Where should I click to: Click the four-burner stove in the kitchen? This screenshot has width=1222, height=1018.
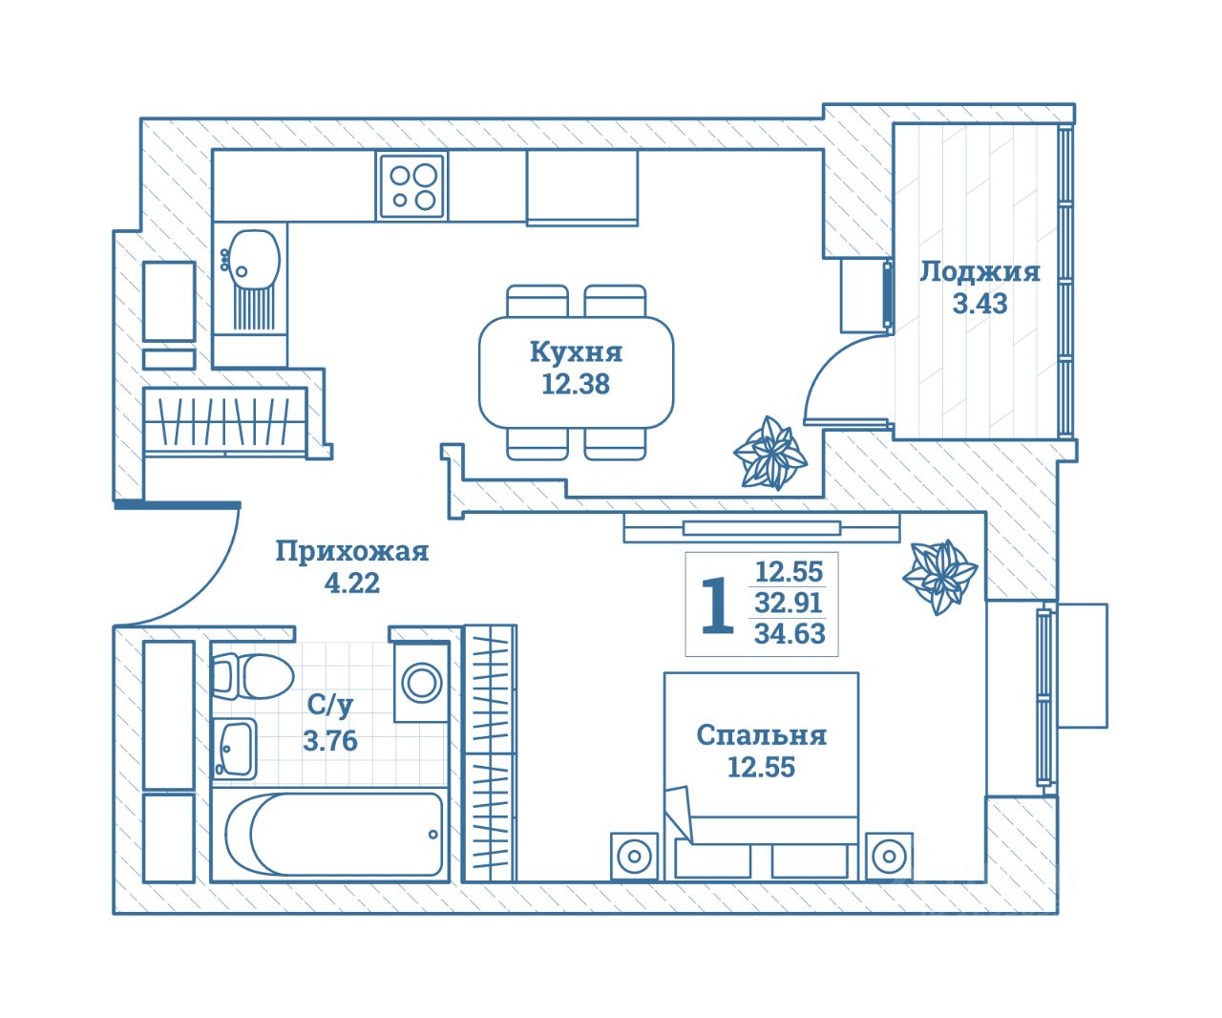coord(412,186)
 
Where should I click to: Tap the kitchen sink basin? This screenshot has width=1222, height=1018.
coord(253,260)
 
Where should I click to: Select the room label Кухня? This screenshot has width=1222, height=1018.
coord(577,352)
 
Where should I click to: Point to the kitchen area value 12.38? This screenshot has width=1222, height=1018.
coord(576,385)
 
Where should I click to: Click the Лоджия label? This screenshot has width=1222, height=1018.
coord(980,273)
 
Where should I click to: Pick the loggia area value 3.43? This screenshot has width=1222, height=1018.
coord(980,304)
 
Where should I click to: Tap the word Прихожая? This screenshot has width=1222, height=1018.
coord(352,551)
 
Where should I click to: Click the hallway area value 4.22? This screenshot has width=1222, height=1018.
coord(352,583)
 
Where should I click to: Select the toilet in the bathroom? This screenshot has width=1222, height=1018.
coord(253,677)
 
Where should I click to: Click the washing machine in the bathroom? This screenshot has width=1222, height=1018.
coord(421,683)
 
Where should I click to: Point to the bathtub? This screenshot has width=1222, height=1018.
coord(333,835)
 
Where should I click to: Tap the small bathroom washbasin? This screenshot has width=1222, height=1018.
coord(234,749)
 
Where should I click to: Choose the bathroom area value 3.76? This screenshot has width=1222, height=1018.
coord(330,742)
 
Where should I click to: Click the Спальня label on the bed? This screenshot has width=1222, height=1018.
coord(762,736)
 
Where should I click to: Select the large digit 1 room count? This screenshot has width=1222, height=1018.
coord(718,605)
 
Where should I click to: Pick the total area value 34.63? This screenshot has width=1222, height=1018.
coord(790,634)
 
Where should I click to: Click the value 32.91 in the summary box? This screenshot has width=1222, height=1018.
coord(789,603)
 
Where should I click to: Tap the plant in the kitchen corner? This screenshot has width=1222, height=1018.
coord(770,453)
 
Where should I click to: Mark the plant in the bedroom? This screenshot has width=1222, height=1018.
coord(940,577)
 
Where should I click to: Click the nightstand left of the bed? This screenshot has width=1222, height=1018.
coord(635,857)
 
